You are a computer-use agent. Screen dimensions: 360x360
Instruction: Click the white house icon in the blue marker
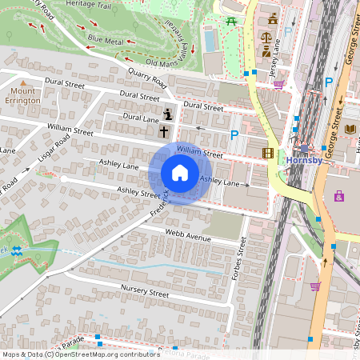pyautogui.click(x=180, y=173)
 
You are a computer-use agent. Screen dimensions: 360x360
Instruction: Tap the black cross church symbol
pyautogui.click(x=164, y=130)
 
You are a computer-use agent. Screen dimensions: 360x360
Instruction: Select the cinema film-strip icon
pyautogui.click(x=267, y=153)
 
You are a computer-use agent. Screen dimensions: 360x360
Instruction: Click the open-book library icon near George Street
pyautogui.click(x=351, y=128)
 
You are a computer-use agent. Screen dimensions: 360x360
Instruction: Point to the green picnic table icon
pyautogui.click(x=231, y=20)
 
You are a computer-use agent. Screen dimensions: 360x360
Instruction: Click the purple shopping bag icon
pyautogui.click(x=338, y=195)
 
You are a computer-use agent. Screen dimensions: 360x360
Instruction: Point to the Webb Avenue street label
pyautogui.click(x=187, y=234)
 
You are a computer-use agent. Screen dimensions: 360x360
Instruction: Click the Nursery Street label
pyautogui.click(x=145, y=290)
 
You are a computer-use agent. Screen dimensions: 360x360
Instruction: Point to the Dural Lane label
pyautogui.click(x=141, y=118)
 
